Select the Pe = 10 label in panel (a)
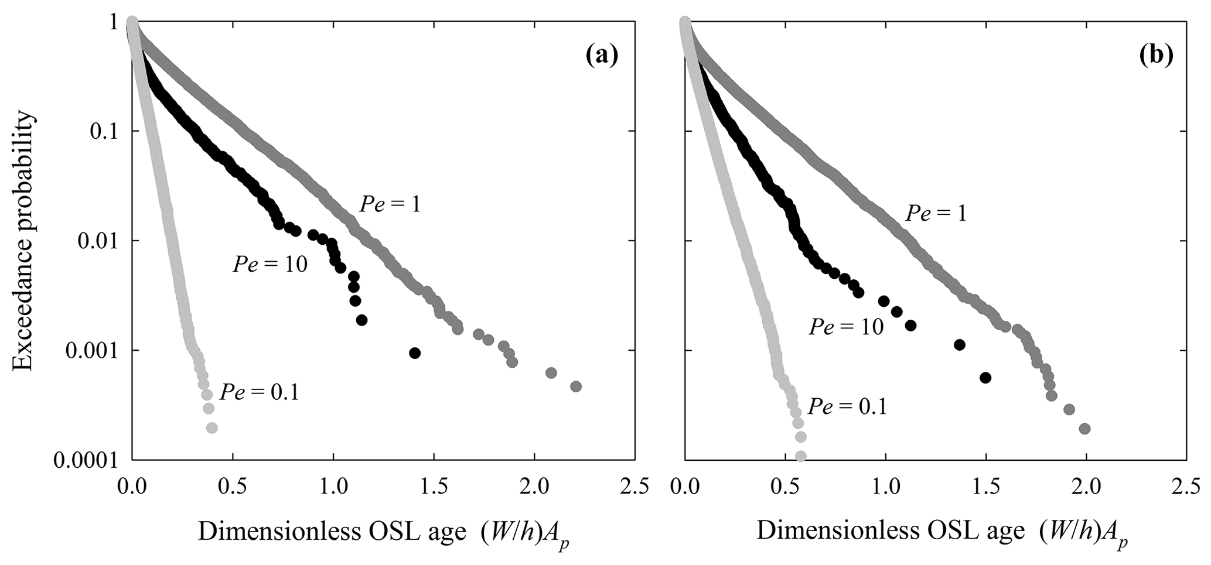click(270, 265)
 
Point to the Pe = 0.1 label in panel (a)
click(260, 392)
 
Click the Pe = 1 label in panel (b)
click(936, 213)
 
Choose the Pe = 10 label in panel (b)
click(845, 327)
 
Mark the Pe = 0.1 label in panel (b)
click(847, 406)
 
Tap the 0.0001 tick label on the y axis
click(84, 461)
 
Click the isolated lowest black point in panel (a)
click(415, 353)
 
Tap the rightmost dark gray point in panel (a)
click(575, 386)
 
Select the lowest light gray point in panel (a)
click(212, 428)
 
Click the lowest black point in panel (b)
click(985, 378)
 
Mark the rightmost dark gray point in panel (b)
click(1084, 429)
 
